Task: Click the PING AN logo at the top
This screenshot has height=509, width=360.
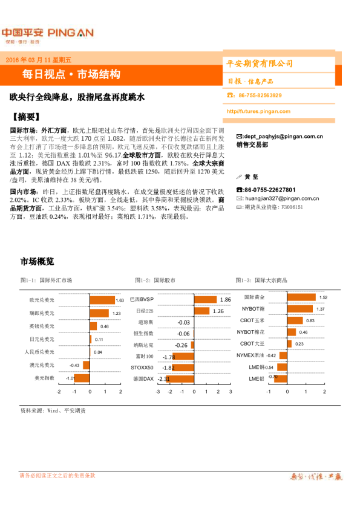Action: (x=47, y=33)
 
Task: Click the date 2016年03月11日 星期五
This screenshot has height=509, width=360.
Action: (x=38, y=60)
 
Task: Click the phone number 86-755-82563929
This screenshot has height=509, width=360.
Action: (x=260, y=96)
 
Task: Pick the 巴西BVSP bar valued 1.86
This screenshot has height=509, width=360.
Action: (x=205, y=300)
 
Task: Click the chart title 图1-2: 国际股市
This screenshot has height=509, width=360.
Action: (x=155, y=280)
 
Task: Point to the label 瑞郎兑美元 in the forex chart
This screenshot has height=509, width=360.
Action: (x=42, y=313)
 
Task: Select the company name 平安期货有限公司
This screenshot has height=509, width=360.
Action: (x=260, y=63)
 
